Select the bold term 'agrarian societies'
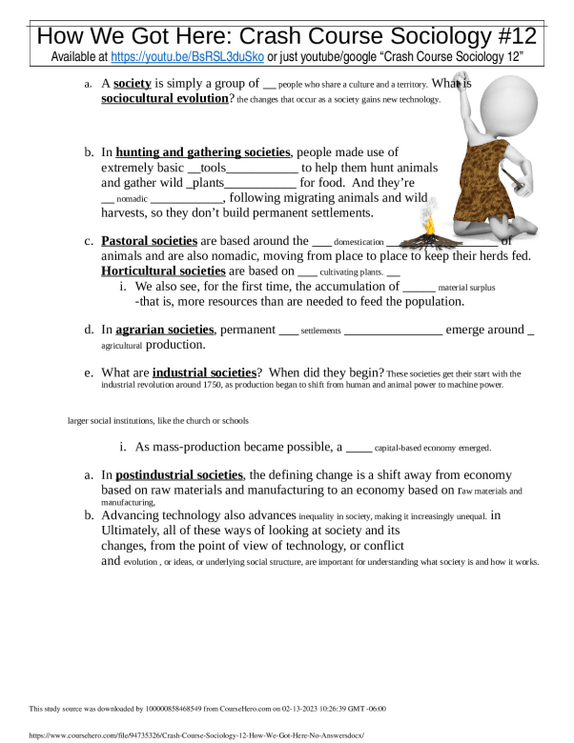165,330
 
